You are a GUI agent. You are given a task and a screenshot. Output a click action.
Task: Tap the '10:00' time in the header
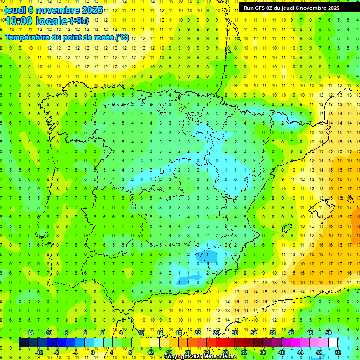click(20, 21)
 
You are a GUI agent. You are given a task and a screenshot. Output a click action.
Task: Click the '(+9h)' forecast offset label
click(79, 21)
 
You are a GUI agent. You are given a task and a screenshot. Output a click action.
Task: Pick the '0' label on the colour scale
click(93, 352)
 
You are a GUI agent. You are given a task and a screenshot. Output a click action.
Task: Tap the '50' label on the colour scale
click(328, 333)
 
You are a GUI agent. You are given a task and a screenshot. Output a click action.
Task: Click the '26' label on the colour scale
click(216, 333)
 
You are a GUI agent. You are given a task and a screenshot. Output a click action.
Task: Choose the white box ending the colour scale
click(333, 342)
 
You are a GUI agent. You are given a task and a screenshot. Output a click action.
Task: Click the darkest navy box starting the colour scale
click(23, 342)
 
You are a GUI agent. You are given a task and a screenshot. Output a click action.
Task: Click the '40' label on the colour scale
click(281, 352)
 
